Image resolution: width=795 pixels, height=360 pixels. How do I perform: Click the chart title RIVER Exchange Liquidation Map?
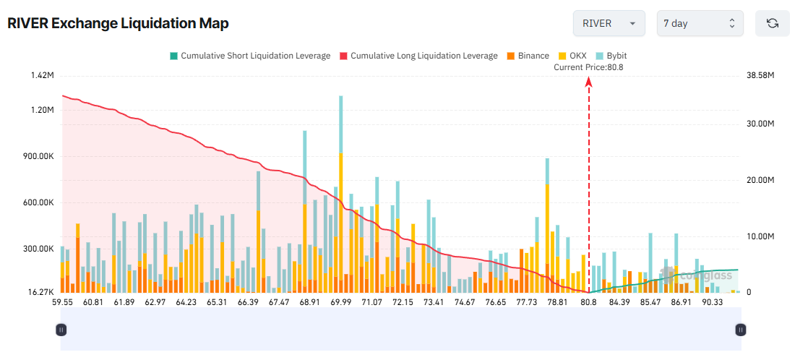pyautogui.click(x=118, y=23)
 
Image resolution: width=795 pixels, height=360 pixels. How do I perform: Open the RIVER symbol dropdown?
pyautogui.click(x=609, y=23)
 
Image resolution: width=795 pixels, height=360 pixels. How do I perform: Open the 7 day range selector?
pyautogui.click(x=699, y=23)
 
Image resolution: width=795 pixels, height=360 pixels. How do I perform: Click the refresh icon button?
pyautogui.click(x=772, y=23)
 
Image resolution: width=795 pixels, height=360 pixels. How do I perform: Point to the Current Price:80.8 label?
pyautogui.click(x=588, y=67)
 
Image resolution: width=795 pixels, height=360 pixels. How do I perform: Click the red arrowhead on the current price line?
pyautogui.click(x=589, y=82)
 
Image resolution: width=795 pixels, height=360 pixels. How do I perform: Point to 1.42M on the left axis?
pyautogui.click(x=43, y=75)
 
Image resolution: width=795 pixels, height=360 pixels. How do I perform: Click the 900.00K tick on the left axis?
pyautogui.click(x=38, y=156)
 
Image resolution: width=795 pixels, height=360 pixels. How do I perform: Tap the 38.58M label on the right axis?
pyautogui.click(x=760, y=75)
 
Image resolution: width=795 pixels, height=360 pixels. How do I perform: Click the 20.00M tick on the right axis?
pyautogui.click(x=760, y=180)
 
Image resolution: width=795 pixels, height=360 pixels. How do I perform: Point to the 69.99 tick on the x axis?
pyautogui.click(x=340, y=302)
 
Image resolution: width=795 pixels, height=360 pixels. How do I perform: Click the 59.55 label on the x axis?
pyautogui.click(x=62, y=302)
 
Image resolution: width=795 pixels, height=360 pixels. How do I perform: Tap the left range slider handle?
pyautogui.click(x=61, y=330)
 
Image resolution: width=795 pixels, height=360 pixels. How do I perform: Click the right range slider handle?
pyautogui.click(x=740, y=330)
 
